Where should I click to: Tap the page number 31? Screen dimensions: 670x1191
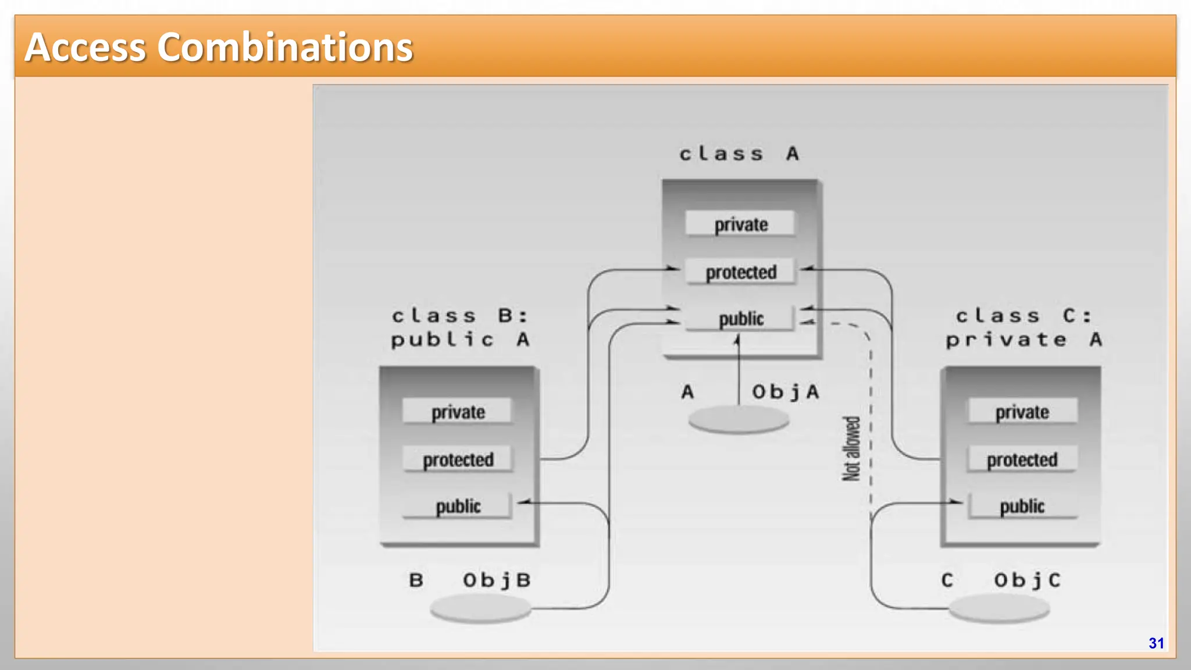(1156, 643)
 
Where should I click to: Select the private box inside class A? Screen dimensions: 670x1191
(740, 224)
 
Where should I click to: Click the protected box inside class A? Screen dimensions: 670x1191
(740, 272)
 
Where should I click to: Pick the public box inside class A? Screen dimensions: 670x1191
(740, 319)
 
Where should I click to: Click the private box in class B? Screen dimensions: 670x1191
(458, 412)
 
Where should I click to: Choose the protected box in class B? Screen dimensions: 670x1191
(458, 459)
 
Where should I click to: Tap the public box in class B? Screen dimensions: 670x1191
(458, 506)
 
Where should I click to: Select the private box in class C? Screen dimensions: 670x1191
(1022, 412)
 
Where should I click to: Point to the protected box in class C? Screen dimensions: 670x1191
(1022, 459)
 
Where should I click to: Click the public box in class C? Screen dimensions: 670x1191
(1022, 506)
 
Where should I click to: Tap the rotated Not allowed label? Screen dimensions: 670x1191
(851, 449)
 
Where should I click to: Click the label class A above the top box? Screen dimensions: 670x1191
(739, 154)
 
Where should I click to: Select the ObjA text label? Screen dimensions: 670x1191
(786, 392)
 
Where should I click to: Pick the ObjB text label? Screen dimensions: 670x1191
(497, 580)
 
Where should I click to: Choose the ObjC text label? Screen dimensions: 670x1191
(1027, 580)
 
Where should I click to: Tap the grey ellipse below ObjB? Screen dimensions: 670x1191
(480, 608)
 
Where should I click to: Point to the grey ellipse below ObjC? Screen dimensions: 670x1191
(999, 609)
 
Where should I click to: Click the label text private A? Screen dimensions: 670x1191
(1024, 340)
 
